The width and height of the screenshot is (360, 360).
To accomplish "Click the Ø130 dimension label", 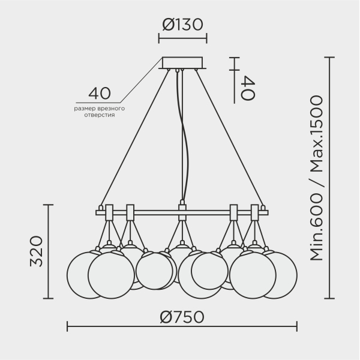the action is (183, 25).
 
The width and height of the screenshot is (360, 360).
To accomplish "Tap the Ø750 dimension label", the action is (182, 317).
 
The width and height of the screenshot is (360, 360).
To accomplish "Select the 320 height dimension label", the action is (36, 251).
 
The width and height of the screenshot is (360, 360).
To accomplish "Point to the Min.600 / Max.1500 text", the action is (317, 178).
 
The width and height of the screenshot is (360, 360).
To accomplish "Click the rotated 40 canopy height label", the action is (247, 88).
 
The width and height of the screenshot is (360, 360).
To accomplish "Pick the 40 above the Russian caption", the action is (100, 94).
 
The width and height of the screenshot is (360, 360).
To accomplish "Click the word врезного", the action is (111, 109).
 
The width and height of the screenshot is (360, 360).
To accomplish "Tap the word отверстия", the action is (100, 115).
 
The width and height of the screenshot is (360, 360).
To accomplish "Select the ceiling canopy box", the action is (182, 62).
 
